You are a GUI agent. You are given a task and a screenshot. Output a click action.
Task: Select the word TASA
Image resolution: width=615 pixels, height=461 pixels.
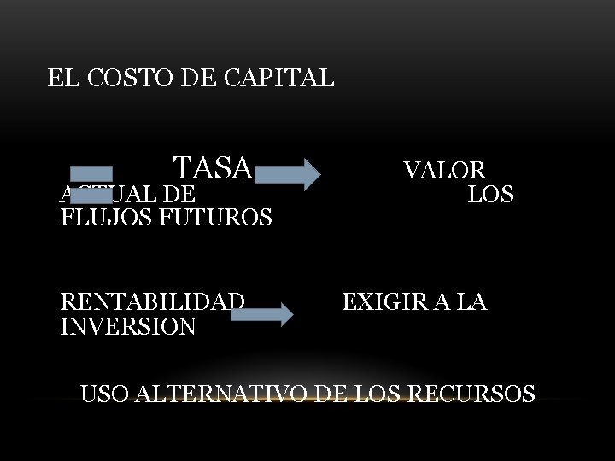[x=213, y=168]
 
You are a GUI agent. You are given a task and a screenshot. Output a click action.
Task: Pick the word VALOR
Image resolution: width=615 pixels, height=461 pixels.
[x=444, y=170]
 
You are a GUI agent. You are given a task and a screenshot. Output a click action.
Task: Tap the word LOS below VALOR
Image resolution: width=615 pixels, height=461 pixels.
[x=490, y=195]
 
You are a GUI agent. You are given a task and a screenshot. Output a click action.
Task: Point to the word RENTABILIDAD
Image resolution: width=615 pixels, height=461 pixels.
[x=153, y=301]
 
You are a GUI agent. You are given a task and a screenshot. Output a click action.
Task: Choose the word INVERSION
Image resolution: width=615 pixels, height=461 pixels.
[x=128, y=326]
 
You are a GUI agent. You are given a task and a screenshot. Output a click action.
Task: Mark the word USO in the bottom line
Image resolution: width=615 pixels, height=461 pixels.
[x=104, y=394]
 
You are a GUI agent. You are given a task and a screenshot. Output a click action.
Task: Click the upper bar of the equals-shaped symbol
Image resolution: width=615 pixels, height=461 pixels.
[x=91, y=174]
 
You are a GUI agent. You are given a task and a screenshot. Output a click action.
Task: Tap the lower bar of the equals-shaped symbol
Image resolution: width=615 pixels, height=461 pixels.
[x=91, y=195]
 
